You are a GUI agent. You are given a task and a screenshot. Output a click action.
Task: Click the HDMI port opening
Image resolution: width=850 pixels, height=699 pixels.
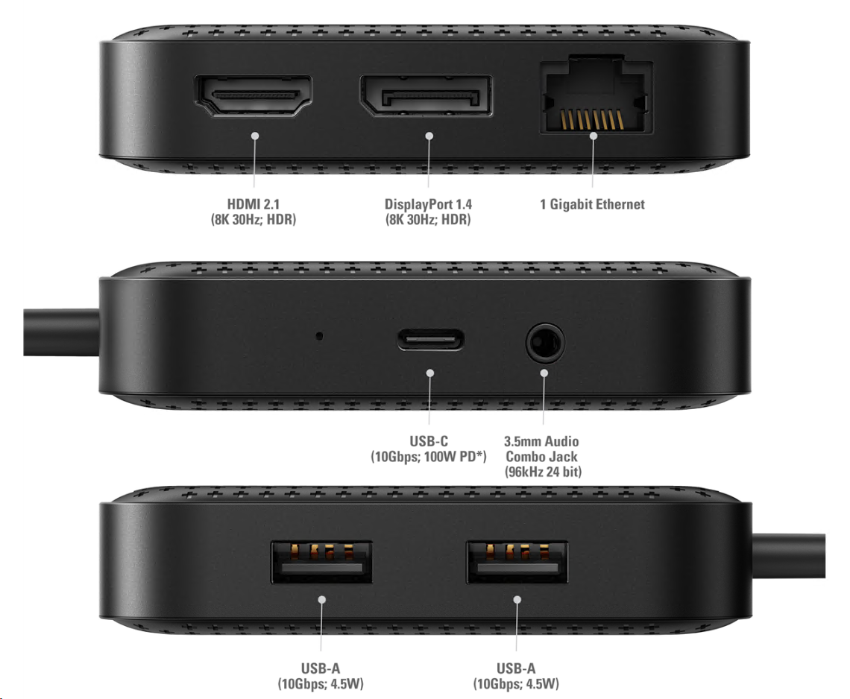(254, 96)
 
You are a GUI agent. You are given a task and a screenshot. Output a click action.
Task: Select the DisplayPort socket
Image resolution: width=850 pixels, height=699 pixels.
(426, 96)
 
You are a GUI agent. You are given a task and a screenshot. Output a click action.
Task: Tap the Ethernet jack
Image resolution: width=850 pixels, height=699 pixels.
(596, 96)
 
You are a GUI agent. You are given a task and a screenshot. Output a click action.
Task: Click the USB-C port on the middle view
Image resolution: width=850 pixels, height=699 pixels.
(430, 341)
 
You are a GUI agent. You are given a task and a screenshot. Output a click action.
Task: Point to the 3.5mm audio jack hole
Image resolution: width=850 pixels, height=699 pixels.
(545, 344)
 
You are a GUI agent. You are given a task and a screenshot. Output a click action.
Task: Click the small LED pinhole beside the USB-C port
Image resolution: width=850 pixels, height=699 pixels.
(320, 336)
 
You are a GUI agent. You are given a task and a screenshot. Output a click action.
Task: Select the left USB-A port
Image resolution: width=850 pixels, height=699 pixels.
(321, 563)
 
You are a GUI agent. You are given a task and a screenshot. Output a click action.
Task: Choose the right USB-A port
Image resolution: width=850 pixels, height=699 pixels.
(517, 563)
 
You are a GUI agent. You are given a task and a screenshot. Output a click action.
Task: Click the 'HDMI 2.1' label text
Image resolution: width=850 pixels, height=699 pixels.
(254, 204)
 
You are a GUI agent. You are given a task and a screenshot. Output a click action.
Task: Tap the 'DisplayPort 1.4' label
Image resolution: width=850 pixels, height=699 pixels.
(428, 204)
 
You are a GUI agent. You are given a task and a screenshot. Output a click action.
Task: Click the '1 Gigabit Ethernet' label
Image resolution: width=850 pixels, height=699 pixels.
(593, 204)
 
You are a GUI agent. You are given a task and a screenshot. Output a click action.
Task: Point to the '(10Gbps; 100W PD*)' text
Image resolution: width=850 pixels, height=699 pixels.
(429, 456)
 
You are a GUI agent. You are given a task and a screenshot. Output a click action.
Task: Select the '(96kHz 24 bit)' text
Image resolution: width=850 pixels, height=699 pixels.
(543, 472)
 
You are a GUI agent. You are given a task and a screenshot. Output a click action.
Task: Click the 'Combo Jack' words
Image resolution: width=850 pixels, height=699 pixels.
(541, 456)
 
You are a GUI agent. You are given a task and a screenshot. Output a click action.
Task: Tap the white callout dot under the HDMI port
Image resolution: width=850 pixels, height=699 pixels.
(255, 136)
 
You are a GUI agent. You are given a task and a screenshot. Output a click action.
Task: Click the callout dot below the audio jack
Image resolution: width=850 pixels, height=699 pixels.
(544, 373)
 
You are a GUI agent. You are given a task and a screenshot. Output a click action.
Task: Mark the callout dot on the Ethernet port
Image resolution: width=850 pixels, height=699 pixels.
(594, 136)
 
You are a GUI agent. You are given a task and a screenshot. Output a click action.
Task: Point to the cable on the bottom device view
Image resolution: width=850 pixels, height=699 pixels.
(789, 556)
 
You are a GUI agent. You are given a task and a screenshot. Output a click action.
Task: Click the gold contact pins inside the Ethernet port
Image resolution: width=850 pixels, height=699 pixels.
(592, 119)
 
